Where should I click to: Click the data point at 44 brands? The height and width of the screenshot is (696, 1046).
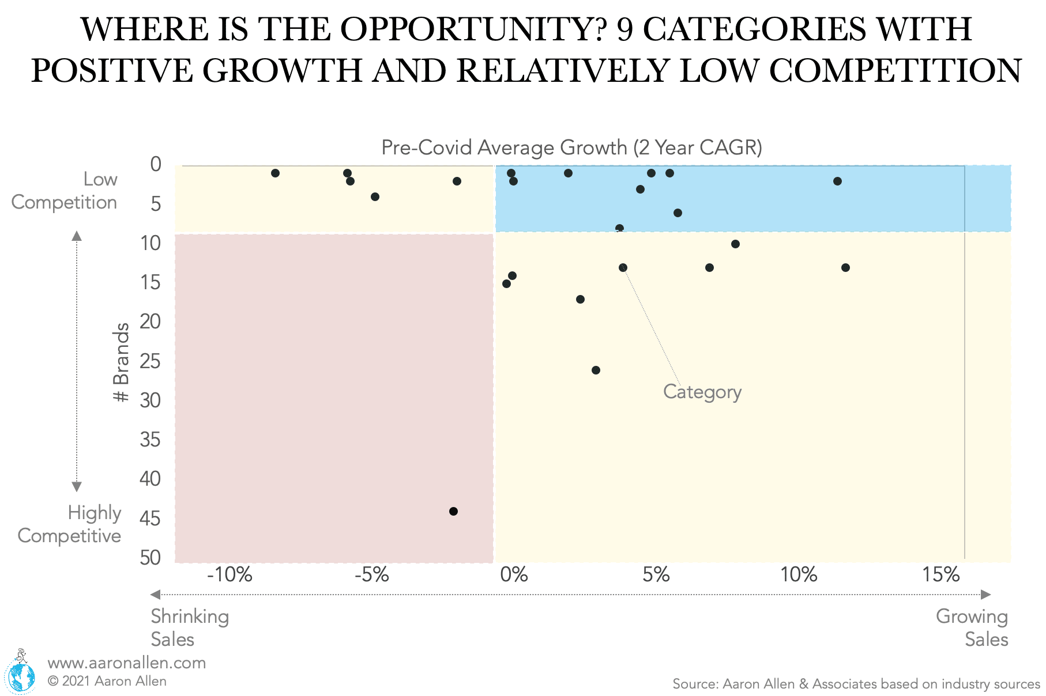[453, 511]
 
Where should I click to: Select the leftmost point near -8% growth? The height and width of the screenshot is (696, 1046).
[275, 173]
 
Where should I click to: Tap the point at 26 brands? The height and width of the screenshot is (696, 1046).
[596, 370]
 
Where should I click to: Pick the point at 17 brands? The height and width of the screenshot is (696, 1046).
[580, 299]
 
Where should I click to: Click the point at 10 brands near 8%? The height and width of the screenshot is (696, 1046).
[735, 244]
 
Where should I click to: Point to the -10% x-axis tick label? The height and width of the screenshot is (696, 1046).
[229, 574]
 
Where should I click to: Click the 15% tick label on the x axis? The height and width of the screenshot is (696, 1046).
[940, 574]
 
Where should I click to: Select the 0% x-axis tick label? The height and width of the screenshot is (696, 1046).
[513, 574]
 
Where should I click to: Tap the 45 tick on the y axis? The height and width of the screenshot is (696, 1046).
[150, 518]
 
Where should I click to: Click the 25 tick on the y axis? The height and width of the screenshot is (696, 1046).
[150, 361]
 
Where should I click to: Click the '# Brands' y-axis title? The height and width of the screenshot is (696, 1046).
[121, 362]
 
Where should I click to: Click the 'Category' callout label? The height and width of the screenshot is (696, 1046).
[702, 392]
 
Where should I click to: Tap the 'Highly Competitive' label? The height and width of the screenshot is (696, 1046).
[70, 524]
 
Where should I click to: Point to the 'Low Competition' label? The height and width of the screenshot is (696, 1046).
[65, 191]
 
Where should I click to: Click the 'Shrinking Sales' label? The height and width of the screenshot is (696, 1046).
[189, 627]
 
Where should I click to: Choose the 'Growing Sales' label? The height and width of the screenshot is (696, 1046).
[972, 627]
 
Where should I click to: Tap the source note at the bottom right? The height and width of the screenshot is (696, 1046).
[856, 684]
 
